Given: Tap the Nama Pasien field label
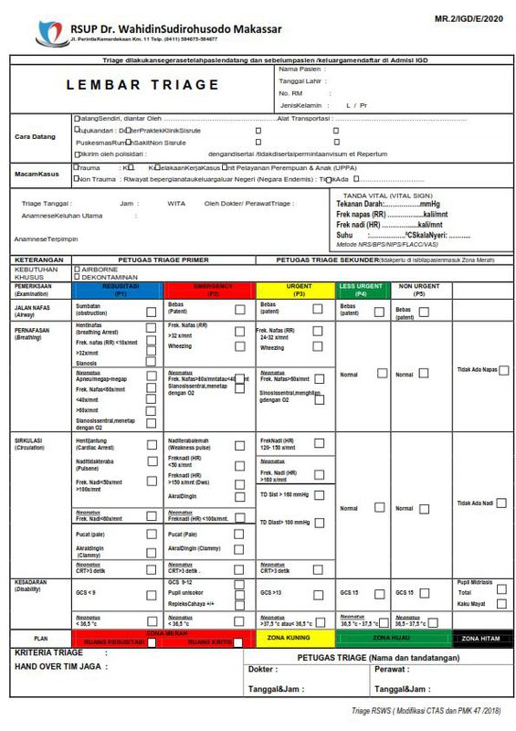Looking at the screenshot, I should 300,69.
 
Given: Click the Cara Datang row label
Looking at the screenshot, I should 35,137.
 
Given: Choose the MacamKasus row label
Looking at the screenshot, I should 36,174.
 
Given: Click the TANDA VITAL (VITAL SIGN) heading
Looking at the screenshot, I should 386,195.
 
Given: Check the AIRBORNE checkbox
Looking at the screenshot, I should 76,270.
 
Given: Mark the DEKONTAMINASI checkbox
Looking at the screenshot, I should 76,278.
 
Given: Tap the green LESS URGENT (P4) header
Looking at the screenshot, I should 363,289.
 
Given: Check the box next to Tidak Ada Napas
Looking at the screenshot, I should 503,370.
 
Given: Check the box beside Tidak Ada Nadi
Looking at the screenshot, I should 503,503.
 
